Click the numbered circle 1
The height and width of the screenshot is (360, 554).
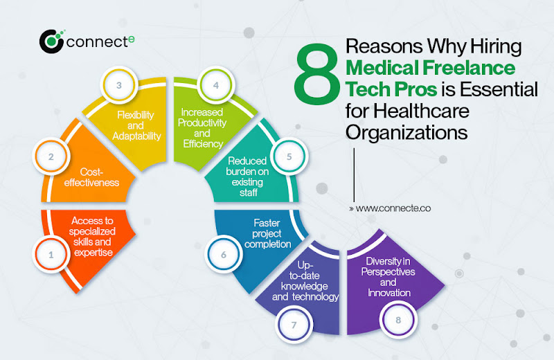click(x=51, y=254)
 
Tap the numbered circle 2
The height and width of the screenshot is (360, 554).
click(x=51, y=156)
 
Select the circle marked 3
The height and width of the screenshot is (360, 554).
click(x=119, y=84)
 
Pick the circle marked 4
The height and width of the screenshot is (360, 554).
click(x=216, y=84)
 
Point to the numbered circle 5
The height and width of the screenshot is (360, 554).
click(x=289, y=156)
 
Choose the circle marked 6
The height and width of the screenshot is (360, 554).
click(x=223, y=254)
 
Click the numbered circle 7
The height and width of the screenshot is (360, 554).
click(x=294, y=325)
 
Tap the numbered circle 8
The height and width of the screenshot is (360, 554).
click(x=398, y=320)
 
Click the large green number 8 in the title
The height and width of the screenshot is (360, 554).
click(x=317, y=74)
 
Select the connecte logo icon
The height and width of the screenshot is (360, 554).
click(x=52, y=42)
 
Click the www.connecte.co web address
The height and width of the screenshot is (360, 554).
click(x=390, y=208)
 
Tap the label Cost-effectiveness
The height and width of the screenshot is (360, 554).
click(x=91, y=177)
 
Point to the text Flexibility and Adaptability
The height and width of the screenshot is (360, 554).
click(x=136, y=125)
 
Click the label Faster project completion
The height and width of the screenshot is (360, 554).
click(x=267, y=233)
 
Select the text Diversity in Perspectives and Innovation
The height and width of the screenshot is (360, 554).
click(x=388, y=277)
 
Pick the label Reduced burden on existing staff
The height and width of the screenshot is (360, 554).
click(x=247, y=177)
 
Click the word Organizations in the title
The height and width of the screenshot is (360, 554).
click(x=406, y=133)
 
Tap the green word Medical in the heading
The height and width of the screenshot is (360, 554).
click(x=382, y=68)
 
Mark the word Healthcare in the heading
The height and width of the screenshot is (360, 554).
click(x=421, y=111)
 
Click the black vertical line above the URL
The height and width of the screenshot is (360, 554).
click(x=354, y=174)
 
